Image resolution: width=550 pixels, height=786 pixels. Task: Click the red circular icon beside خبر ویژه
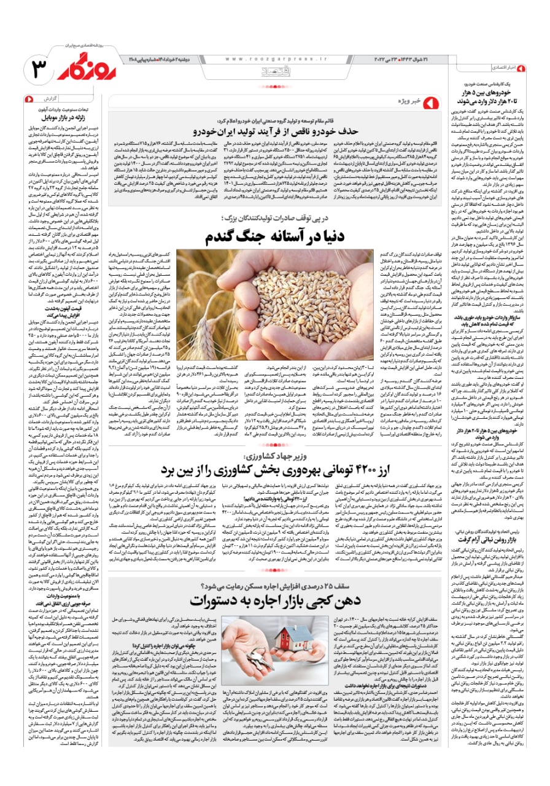[430, 101]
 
